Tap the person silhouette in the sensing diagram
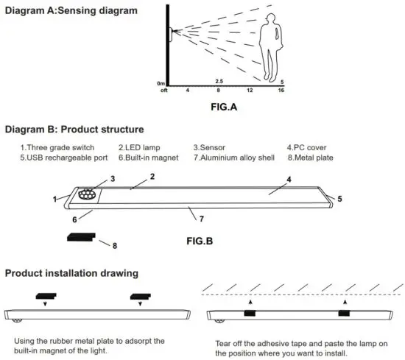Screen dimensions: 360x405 coord(272,48)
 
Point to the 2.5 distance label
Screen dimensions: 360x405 coord(219,81)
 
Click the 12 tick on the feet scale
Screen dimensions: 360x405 coord(250,91)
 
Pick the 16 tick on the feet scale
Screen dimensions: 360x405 coord(281,91)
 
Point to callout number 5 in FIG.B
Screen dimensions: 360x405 coord(339,198)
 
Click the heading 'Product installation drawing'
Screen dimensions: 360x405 coord(71,273)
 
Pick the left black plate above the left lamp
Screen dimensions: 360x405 coord(46,296)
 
